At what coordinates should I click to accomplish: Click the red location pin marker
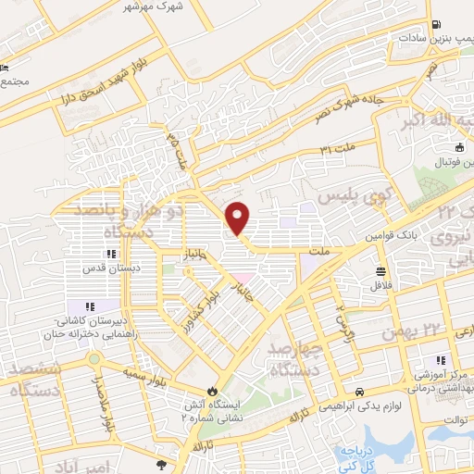[238, 218]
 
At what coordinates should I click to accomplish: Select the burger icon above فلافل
[380, 272]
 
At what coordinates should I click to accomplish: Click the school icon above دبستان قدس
[110, 254]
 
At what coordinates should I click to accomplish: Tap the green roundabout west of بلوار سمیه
[94, 358]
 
